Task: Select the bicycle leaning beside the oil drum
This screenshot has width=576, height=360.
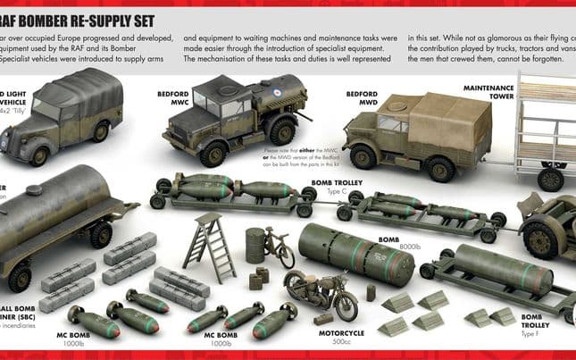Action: (x=279, y=247)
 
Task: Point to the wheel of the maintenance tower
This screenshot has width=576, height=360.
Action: (x=550, y=179)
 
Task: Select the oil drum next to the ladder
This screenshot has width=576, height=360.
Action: (x=255, y=244)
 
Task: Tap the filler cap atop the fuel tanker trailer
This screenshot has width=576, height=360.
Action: (x=33, y=189)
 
